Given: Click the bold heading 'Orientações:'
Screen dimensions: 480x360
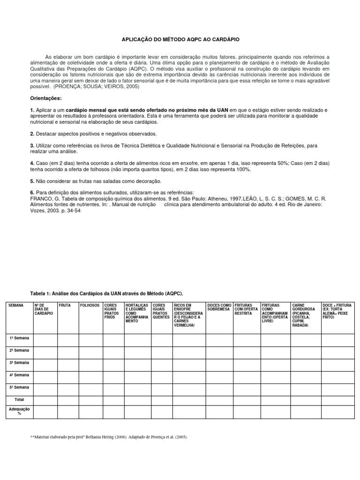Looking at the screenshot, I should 46,98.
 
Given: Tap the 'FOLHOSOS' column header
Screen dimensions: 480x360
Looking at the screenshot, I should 90,305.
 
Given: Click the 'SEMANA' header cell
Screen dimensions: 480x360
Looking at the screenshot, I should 16,305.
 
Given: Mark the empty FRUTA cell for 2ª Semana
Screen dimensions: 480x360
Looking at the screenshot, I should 67,351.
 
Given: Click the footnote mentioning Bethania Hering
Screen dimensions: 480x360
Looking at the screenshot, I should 109,437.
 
